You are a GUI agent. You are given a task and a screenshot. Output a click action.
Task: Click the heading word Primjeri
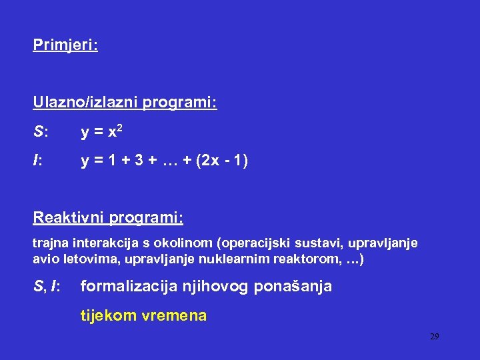64,45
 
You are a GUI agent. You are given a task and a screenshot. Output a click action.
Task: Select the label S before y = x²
39,133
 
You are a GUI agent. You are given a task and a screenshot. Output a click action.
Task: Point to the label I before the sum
37,161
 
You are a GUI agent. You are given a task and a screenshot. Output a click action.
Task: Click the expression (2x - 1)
222,161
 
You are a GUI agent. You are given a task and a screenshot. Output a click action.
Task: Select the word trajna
49,243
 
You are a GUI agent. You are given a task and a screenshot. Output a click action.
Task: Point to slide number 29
434,337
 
